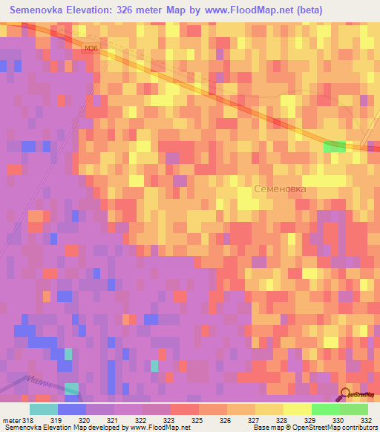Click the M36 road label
click(91, 49)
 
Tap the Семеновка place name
click(280, 189)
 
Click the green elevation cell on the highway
click(335, 146)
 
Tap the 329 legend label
click(310, 420)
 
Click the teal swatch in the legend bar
click(43, 409)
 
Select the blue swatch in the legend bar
click(71, 409)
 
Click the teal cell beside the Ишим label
click(71, 388)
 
